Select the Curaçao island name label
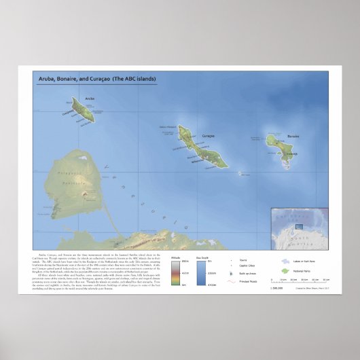point(209,136)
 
